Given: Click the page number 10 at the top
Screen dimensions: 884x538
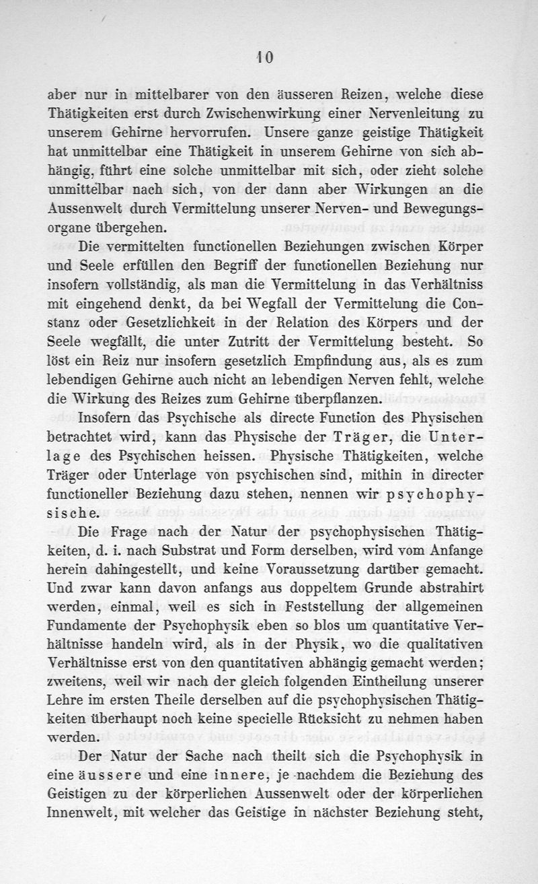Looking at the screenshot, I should tap(264, 59).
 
